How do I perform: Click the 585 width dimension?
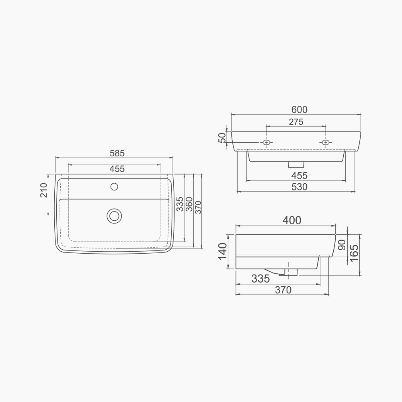[x=117, y=153]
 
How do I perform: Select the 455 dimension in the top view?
[x=117, y=169]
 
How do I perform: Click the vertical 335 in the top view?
[x=180, y=204]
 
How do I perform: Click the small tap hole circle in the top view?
[x=114, y=187]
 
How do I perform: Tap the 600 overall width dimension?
[x=299, y=110]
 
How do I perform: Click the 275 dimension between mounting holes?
[x=296, y=122]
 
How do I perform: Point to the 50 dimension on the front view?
[x=222, y=138]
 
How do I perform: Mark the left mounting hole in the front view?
[x=266, y=142]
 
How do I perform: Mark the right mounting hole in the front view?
[x=326, y=142]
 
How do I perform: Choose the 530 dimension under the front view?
[x=299, y=187]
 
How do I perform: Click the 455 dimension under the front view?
[x=299, y=176]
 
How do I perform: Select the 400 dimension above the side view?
[x=291, y=220]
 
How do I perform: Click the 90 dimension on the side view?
[x=342, y=245]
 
